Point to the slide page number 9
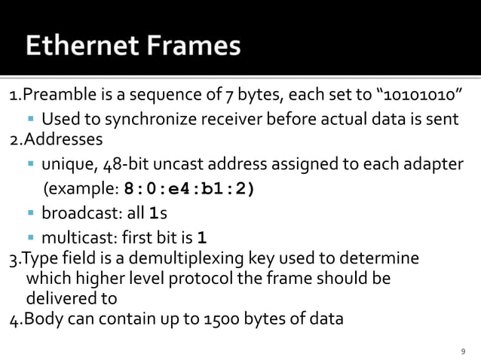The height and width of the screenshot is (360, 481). (x=464, y=350)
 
